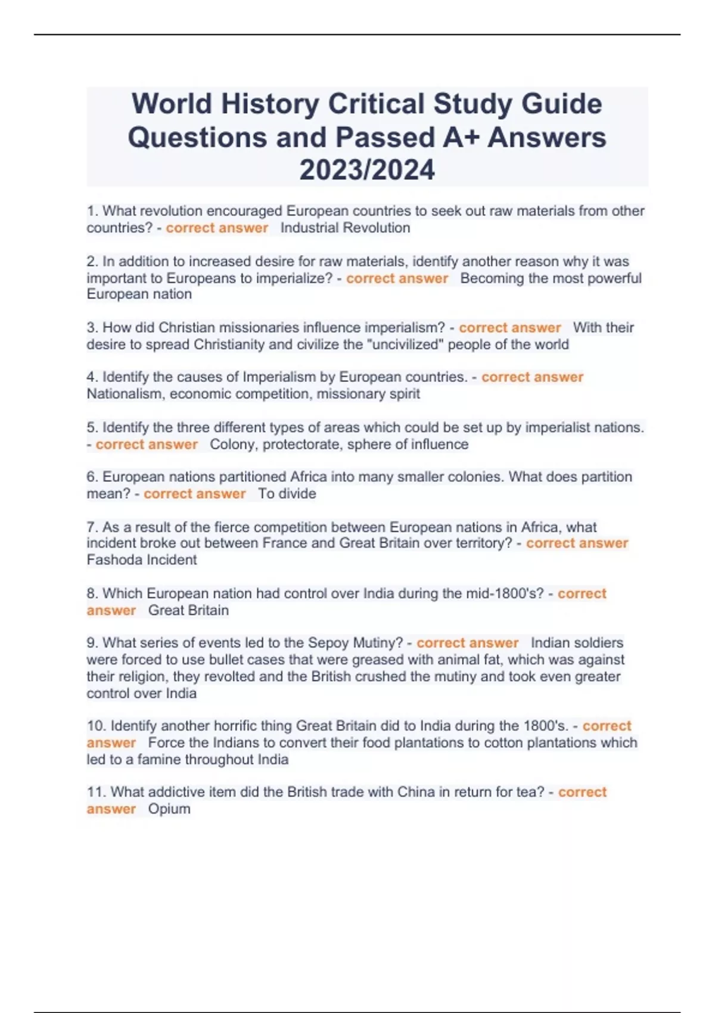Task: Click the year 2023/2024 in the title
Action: [x=367, y=170]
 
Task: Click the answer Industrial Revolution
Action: [x=345, y=228]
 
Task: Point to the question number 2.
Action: [x=92, y=262]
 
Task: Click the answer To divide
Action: [x=287, y=494]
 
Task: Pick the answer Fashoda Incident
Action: [x=142, y=560]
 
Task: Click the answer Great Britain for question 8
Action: [x=188, y=610]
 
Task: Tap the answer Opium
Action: [x=169, y=809]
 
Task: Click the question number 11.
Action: [x=95, y=793]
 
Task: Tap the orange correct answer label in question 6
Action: [x=195, y=494]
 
